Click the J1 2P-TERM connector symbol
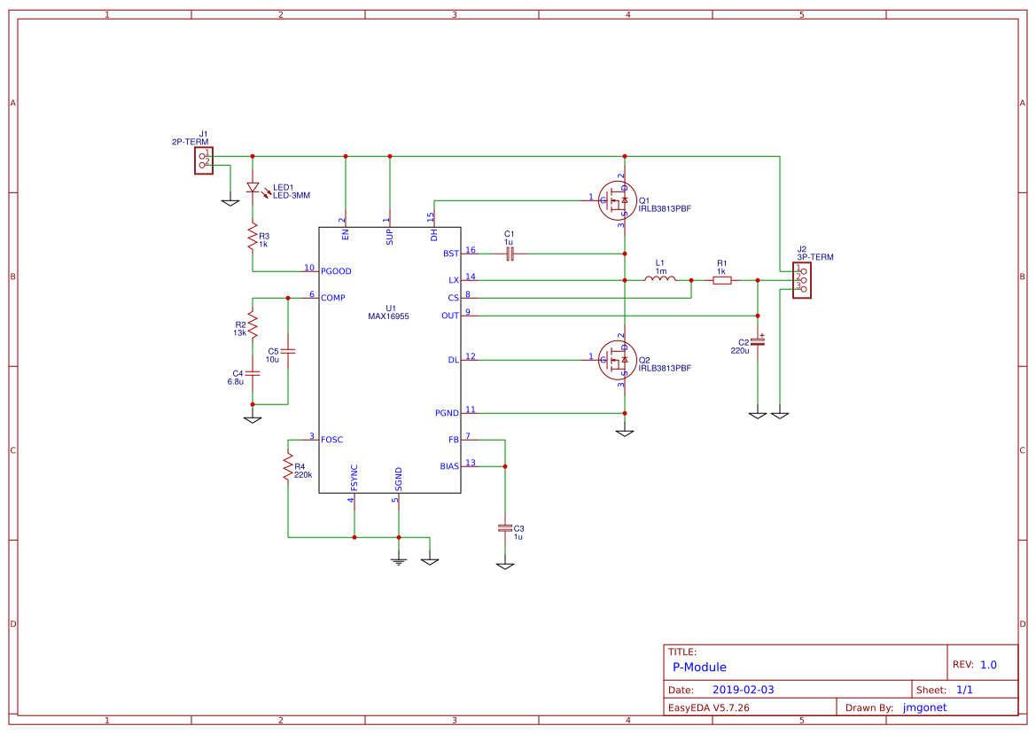click(204, 160)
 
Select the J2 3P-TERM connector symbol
click(801, 280)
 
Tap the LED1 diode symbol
click(253, 188)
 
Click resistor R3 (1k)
click(253, 237)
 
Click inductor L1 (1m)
click(659, 280)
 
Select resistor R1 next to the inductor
click(722, 280)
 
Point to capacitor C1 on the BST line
click(509, 254)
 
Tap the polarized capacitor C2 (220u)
click(758, 340)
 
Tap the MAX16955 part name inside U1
click(389, 316)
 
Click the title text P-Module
click(699, 668)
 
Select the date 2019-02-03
click(743, 690)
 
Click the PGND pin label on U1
click(447, 413)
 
